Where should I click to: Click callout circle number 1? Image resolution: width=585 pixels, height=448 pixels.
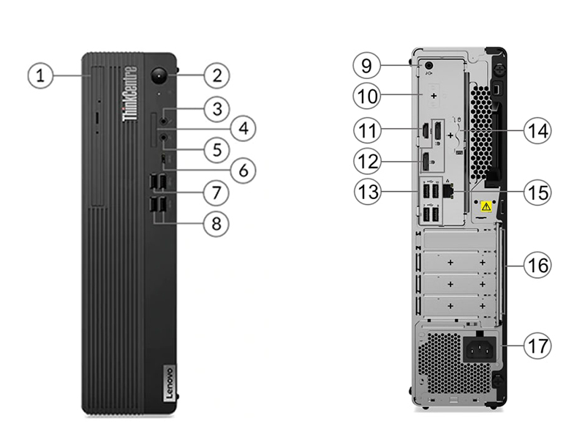(40, 76)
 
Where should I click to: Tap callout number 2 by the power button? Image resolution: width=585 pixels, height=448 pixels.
(216, 75)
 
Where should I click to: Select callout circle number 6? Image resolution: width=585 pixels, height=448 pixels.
(244, 171)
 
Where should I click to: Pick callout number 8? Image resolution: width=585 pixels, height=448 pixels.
(216, 224)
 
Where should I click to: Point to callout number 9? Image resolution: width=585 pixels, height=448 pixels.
(367, 66)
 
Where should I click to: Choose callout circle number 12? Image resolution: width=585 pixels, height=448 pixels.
(368, 162)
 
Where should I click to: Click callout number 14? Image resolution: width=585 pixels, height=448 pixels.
(537, 130)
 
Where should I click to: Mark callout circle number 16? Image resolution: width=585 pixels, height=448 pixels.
(537, 266)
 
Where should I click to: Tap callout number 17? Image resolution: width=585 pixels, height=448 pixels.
(537, 346)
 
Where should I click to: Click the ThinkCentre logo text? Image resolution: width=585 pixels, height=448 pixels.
(130, 94)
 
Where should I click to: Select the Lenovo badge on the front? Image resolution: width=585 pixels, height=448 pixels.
(169, 384)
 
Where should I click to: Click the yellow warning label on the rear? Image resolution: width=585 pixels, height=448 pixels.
(486, 206)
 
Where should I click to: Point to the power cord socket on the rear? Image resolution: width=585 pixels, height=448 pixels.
(480, 350)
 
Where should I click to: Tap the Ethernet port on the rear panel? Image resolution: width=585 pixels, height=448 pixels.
(448, 190)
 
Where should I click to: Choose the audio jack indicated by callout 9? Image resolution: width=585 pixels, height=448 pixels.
(428, 66)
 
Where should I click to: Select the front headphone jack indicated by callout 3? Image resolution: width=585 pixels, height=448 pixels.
(164, 121)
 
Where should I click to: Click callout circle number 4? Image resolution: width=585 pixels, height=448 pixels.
(244, 128)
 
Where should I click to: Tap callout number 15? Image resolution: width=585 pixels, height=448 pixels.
(537, 193)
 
